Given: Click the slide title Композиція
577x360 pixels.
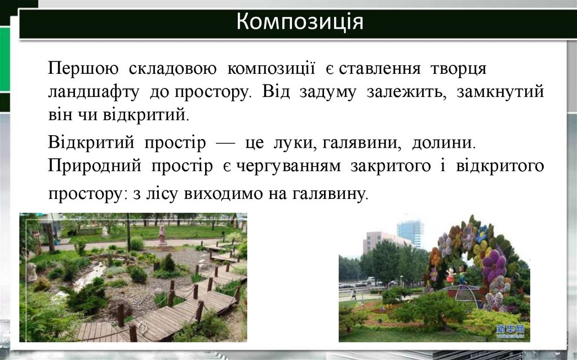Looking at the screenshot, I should click(x=299, y=23).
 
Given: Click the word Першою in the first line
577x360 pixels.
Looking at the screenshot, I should click(x=83, y=69).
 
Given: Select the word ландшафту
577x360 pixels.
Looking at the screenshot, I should click(x=93, y=92).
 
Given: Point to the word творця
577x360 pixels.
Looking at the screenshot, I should click(x=458, y=69).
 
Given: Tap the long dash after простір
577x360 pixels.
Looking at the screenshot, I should click(x=225, y=143).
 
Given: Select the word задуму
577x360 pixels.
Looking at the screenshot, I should click(x=331, y=92).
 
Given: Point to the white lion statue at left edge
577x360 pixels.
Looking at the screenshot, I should click(x=32, y=272).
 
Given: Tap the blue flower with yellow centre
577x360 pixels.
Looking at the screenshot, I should click(x=481, y=232).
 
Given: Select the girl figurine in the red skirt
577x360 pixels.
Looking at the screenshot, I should click(x=450, y=275).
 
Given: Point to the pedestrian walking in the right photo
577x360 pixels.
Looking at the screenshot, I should click(x=354, y=294).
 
